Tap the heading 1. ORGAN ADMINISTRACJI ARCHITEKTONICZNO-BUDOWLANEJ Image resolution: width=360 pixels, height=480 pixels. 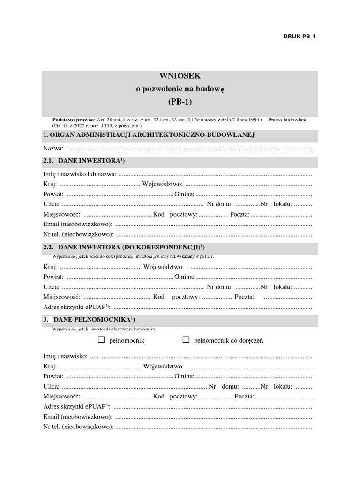click(149, 135)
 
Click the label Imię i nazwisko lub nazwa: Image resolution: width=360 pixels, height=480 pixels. click(80, 174)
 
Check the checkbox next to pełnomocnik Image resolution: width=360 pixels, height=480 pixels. click(101, 339)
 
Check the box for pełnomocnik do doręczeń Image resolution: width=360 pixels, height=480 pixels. click(186, 339)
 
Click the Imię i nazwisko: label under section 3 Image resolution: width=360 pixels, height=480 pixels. click(65, 357)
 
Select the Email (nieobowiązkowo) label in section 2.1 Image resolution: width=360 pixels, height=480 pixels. click(77, 224)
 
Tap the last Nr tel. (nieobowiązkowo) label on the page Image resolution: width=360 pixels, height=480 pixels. click(78, 427)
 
